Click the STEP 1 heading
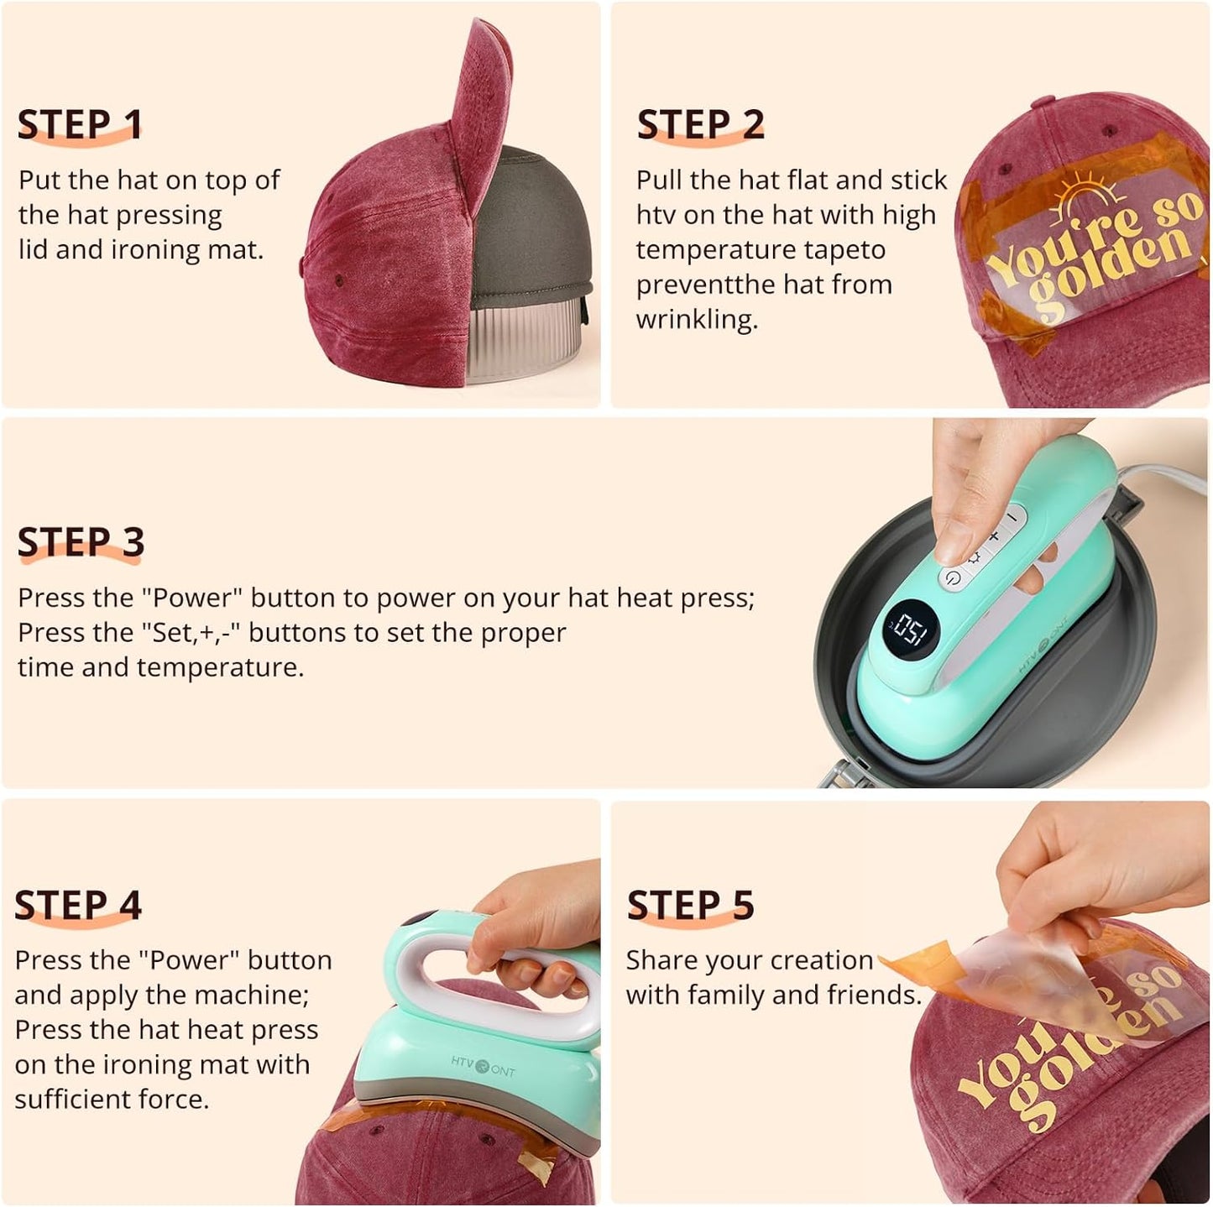[80, 124]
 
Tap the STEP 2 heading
[700, 124]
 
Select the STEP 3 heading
[81, 542]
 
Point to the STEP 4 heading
[78, 905]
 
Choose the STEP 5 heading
[690, 905]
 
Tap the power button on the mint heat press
[952, 577]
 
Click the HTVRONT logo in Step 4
[483, 1065]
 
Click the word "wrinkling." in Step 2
[697, 320]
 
